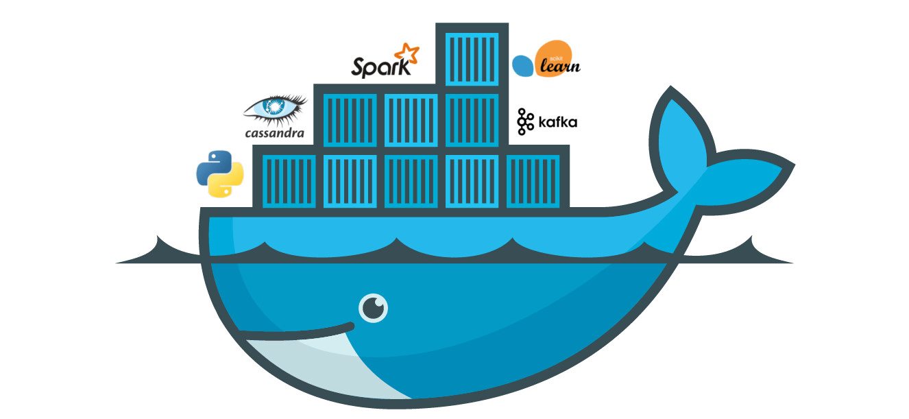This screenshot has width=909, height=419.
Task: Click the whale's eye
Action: [373, 307]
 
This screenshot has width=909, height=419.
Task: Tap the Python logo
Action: [220, 174]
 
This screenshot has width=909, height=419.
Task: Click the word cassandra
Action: [274, 132]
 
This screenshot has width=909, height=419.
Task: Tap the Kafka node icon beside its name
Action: [525, 121]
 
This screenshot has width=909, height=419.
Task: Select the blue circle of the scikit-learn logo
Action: [523, 66]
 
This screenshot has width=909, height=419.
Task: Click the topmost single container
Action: [472, 57]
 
